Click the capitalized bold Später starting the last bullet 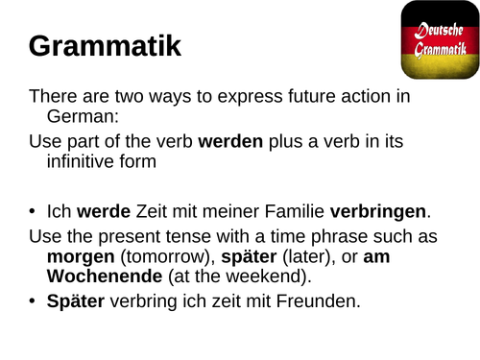tap(74, 302)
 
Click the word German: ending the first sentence tap(80, 117)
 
